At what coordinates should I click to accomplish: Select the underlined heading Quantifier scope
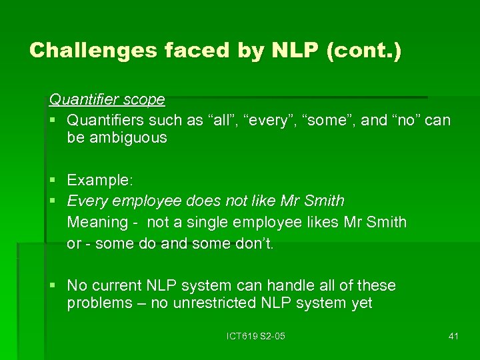107,100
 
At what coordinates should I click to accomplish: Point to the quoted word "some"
327,121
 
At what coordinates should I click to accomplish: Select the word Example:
100,180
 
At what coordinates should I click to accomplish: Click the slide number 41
453,336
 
